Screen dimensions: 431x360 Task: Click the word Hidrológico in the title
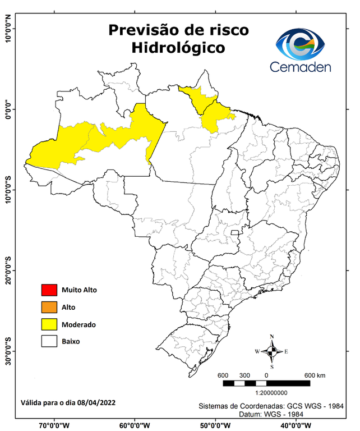(x=178, y=48)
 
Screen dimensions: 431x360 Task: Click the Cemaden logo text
(x=301, y=67)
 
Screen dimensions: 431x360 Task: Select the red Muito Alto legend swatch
(x=49, y=290)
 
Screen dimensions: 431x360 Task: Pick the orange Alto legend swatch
(x=49, y=307)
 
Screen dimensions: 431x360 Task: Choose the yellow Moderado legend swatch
(x=49, y=324)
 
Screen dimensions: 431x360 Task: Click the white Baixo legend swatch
(x=49, y=341)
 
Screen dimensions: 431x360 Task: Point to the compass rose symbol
(x=271, y=351)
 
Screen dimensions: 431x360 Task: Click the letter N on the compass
(x=272, y=337)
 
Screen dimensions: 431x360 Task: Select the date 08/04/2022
(x=98, y=403)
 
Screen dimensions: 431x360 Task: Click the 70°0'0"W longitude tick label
(x=54, y=425)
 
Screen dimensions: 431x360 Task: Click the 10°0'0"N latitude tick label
(x=8, y=29)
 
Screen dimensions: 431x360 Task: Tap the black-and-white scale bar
(x=266, y=383)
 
